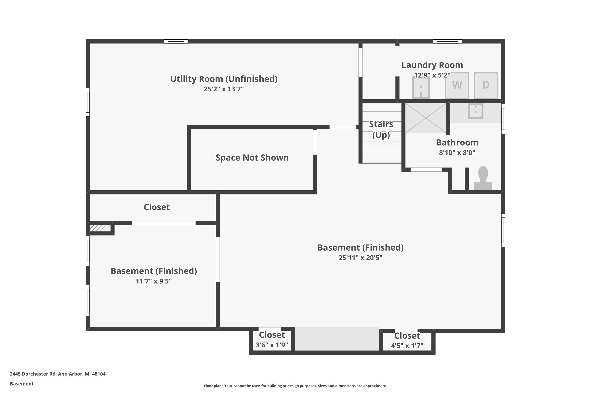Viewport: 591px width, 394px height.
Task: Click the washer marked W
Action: (457, 85)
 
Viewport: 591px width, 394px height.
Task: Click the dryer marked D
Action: (486, 85)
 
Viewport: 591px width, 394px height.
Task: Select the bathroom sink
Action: (475, 111)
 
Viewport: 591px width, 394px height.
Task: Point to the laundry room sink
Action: (421, 87)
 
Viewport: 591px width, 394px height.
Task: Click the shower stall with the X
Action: (426, 118)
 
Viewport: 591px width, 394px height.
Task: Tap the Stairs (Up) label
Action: (381, 130)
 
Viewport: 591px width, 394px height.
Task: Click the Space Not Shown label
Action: (252, 158)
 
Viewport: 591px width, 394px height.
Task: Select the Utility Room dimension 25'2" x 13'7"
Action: (224, 89)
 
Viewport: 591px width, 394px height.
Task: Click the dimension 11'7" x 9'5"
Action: (153, 281)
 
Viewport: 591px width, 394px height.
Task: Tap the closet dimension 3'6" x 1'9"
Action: (272, 345)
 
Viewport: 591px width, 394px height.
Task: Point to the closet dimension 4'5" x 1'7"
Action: (407, 346)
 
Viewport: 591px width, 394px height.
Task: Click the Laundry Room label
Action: (432, 65)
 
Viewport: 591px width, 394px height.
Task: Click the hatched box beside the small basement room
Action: (100, 228)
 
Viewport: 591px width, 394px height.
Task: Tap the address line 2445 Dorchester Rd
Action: (58, 374)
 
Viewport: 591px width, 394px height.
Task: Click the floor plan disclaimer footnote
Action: (295, 386)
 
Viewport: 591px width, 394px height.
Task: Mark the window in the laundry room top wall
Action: (447, 41)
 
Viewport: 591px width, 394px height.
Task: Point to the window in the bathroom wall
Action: (503, 119)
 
